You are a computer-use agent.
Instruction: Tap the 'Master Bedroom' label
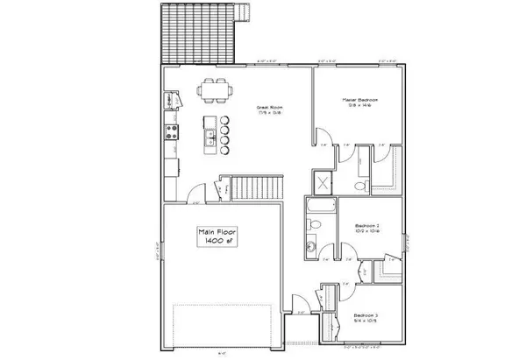(x=359, y=102)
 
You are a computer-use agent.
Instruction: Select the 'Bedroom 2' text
(x=366, y=227)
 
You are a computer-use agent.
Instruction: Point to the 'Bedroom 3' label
(x=366, y=316)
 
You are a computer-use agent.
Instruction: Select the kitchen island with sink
(x=210, y=133)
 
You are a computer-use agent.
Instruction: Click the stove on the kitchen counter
(x=171, y=134)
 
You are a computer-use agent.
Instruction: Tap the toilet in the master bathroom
(x=356, y=187)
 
